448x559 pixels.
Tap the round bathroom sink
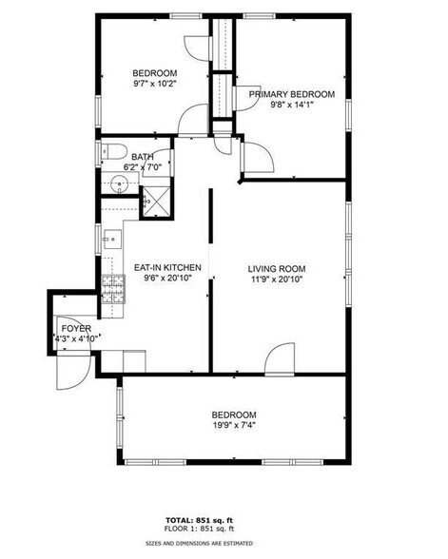[x=120, y=183]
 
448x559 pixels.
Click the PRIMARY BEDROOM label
[x=292, y=94]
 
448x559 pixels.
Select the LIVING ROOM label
[x=274, y=269]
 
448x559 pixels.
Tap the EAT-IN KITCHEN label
[x=162, y=268]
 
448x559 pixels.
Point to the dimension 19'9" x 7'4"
[x=234, y=425]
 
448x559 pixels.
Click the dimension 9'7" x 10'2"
[x=154, y=84]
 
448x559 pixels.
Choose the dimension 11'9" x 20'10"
[x=274, y=279]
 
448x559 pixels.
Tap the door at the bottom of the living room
[x=282, y=359]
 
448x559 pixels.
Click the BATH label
[x=143, y=158]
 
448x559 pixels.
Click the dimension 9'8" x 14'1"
[x=292, y=106]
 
